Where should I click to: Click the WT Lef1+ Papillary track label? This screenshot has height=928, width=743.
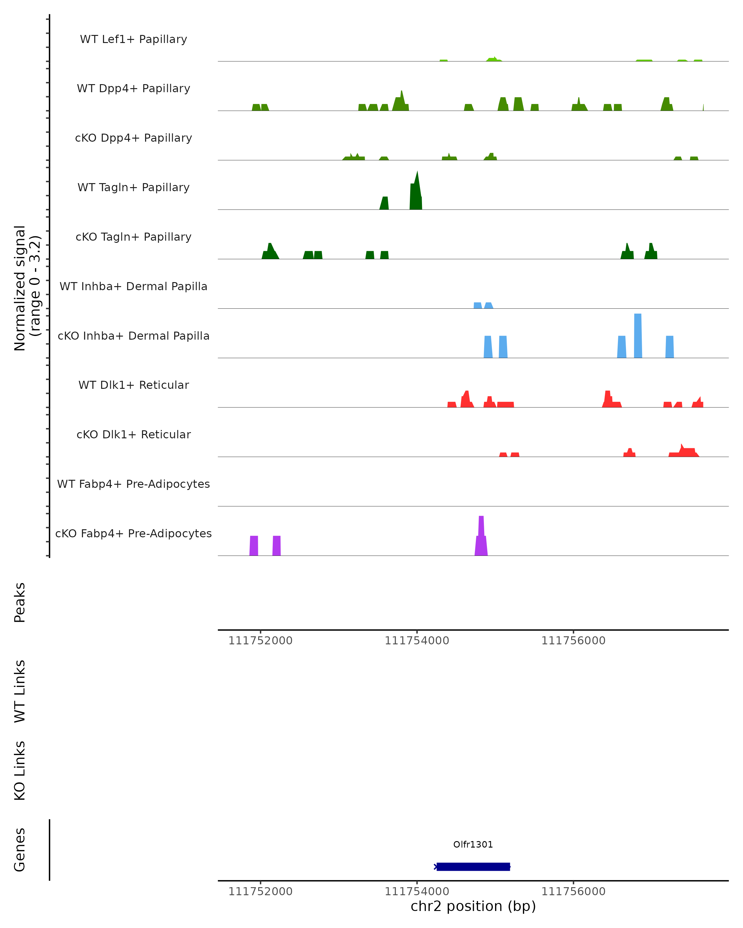point(133,39)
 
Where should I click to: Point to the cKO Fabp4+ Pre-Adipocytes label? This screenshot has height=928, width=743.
point(133,533)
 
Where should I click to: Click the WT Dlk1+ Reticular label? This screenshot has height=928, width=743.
point(133,385)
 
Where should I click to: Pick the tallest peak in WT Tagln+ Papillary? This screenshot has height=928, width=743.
point(416,189)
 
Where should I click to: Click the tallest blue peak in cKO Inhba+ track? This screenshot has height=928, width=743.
point(638,336)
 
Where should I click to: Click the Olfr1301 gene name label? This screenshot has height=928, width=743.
point(473,844)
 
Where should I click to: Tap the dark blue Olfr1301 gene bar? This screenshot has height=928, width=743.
point(473,866)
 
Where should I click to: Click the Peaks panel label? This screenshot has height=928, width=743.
point(20,602)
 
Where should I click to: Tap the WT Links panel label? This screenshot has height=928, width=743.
point(20,691)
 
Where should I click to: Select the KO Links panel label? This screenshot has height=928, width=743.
point(20,771)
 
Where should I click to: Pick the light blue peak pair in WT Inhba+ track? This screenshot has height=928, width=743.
point(483,305)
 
